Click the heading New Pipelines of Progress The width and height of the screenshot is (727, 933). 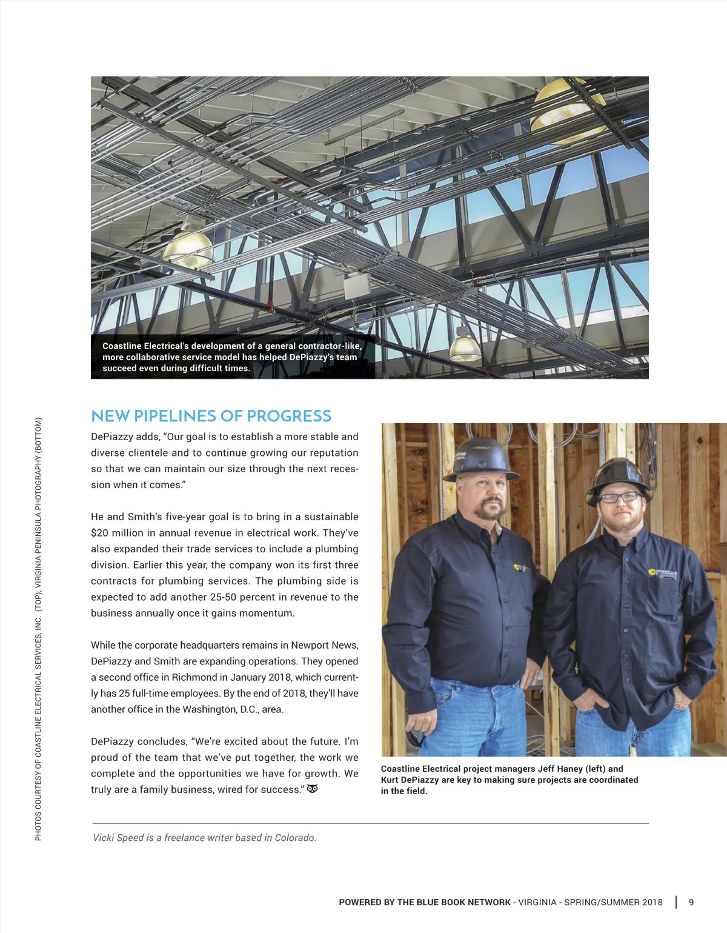coord(211,416)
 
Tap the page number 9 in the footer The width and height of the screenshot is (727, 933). coord(691,902)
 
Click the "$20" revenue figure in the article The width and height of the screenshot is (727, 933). coord(99,533)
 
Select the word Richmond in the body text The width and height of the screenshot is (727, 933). coord(194,677)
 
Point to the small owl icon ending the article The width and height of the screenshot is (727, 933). coord(313,789)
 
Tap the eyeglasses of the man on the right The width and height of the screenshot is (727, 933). coord(619,497)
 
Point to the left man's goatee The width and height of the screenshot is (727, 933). coord(489,510)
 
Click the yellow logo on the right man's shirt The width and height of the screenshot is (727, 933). coord(652,571)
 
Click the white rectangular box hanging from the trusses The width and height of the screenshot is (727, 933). coord(357,286)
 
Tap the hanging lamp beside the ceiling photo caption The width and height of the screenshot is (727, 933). coord(465,346)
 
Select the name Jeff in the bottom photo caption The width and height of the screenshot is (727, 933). coord(547,769)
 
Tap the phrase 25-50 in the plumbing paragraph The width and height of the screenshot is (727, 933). coord(223,597)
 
